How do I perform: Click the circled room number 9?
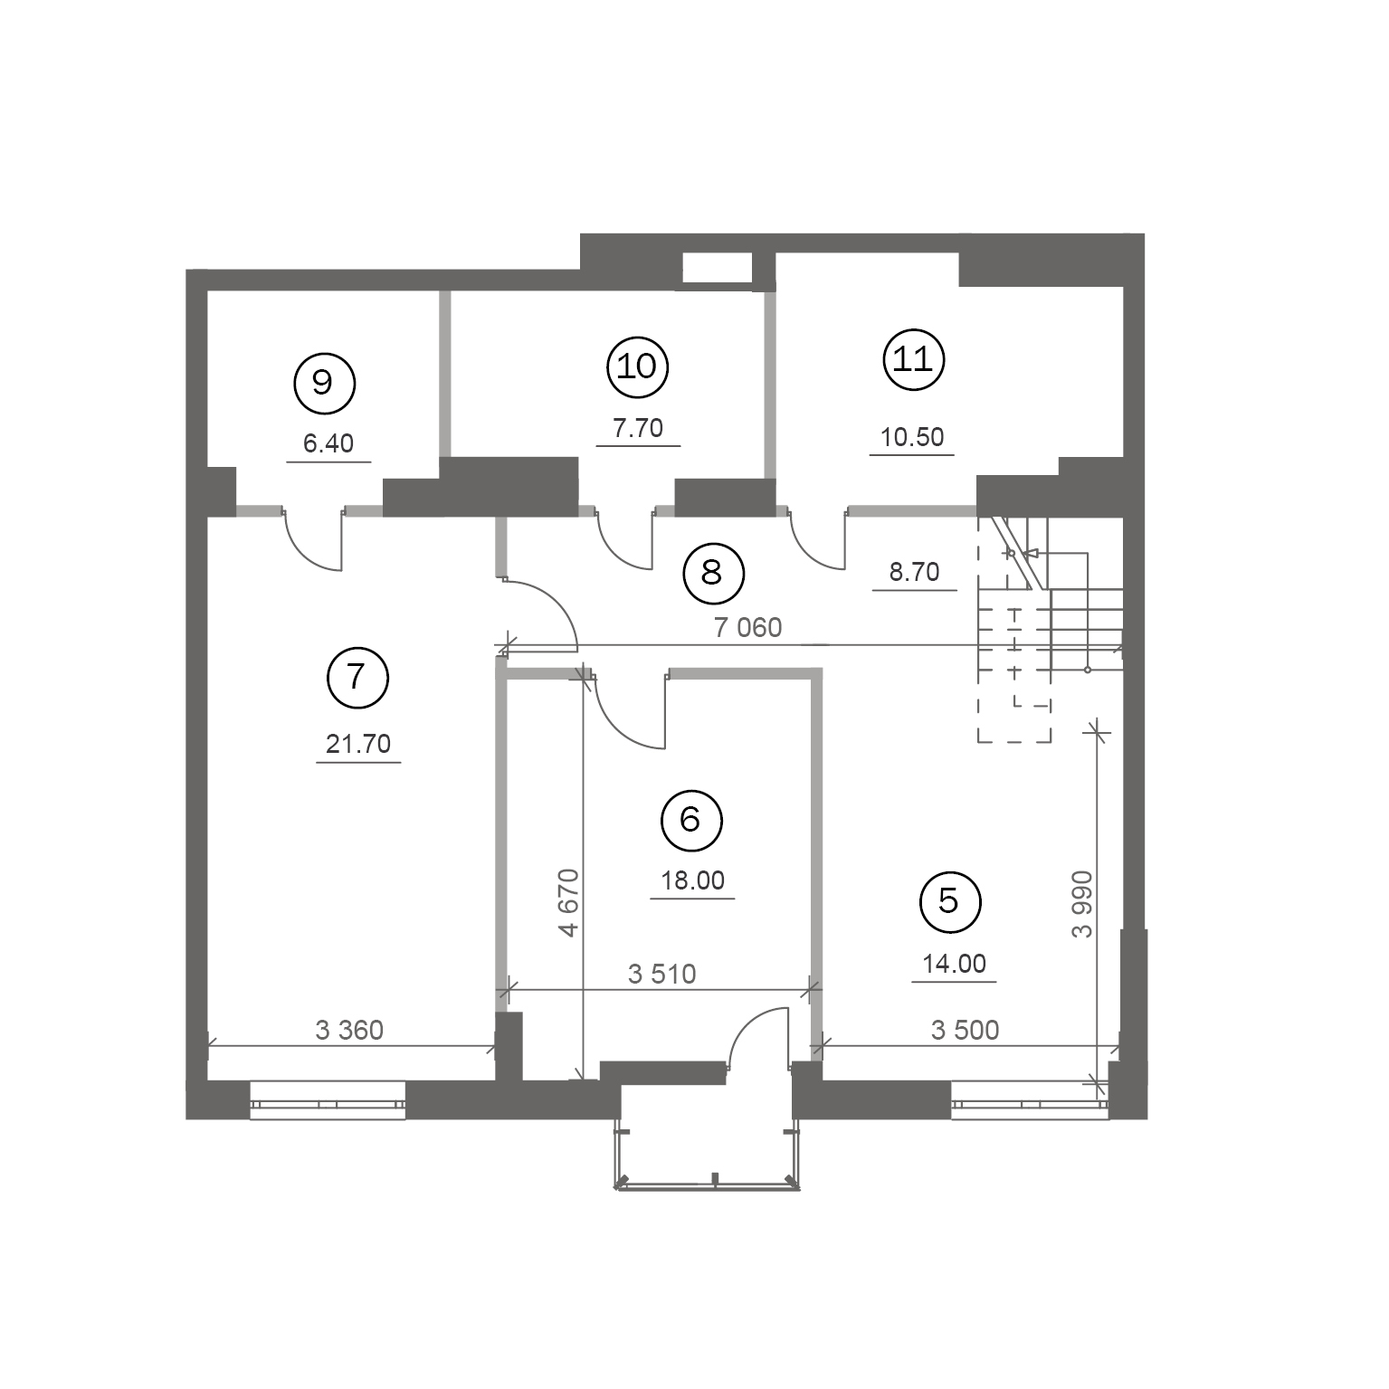tap(324, 383)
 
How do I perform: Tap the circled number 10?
tap(637, 366)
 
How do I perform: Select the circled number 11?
tap(913, 360)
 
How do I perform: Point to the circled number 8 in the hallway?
tap(712, 572)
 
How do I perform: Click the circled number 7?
tap(357, 676)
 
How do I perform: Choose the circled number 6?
tap(690, 820)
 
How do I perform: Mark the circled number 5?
tap(949, 901)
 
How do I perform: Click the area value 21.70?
tap(358, 744)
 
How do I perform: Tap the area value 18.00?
tap(692, 880)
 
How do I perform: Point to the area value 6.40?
tap(328, 443)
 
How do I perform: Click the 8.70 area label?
tap(915, 572)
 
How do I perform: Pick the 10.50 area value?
tap(912, 437)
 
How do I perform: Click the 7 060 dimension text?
tap(748, 627)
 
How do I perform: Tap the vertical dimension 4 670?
tap(567, 902)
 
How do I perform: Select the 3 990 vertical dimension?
tap(1081, 904)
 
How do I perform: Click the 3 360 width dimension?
tap(349, 1030)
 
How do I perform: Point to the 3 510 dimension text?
tap(662, 974)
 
